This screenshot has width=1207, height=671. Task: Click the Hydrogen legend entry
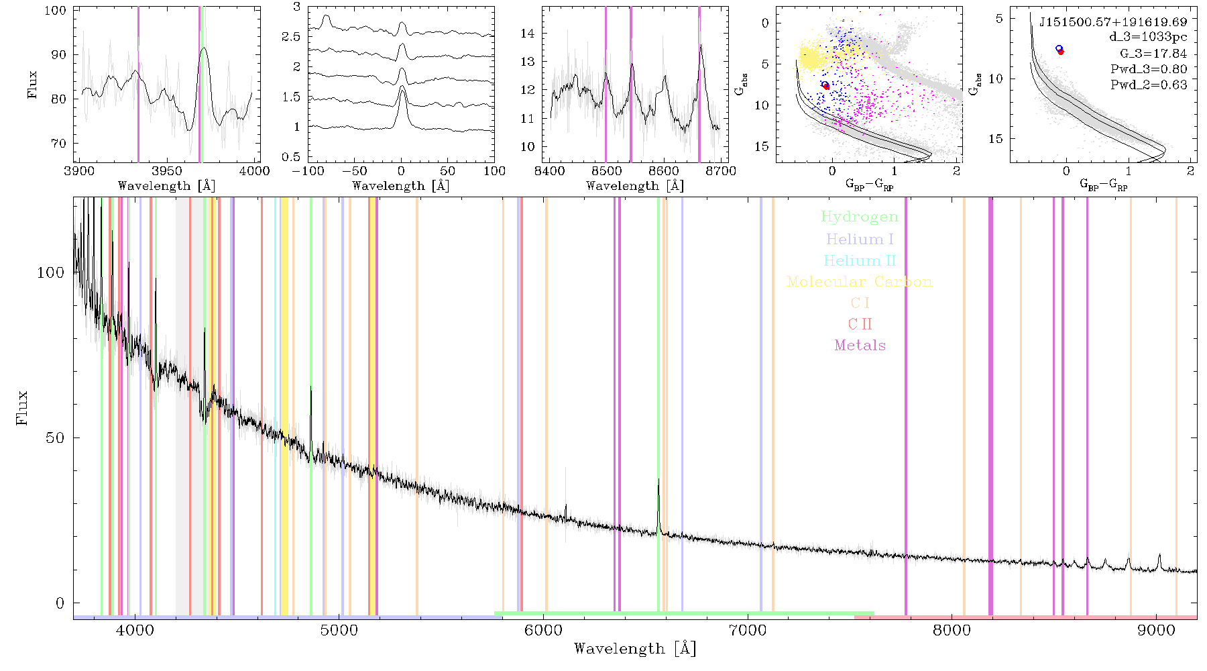pos(859,217)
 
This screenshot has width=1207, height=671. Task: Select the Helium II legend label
pos(860,260)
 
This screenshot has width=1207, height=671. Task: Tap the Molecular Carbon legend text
pos(860,282)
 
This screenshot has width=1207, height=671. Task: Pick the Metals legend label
pos(860,345)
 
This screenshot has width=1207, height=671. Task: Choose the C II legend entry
pos(860,324)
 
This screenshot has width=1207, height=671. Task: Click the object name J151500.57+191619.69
pos(1113,21)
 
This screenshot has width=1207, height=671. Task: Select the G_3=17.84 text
pos(1153,54)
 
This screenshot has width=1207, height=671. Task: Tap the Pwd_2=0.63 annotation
pos(1149,85)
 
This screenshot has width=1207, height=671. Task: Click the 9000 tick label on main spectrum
pos(1156,630)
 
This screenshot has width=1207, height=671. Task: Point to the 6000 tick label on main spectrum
pos(543,630)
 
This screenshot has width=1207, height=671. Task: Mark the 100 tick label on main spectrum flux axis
pos(51,272)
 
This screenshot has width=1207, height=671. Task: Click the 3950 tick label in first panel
pos(167,170)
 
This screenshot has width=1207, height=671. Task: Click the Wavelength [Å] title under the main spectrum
pos(635,649)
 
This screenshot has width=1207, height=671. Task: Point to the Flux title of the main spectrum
pos(23,407)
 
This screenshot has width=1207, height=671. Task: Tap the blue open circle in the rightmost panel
pos(1059,48)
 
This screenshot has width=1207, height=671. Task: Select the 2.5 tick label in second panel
pos(291,36)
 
